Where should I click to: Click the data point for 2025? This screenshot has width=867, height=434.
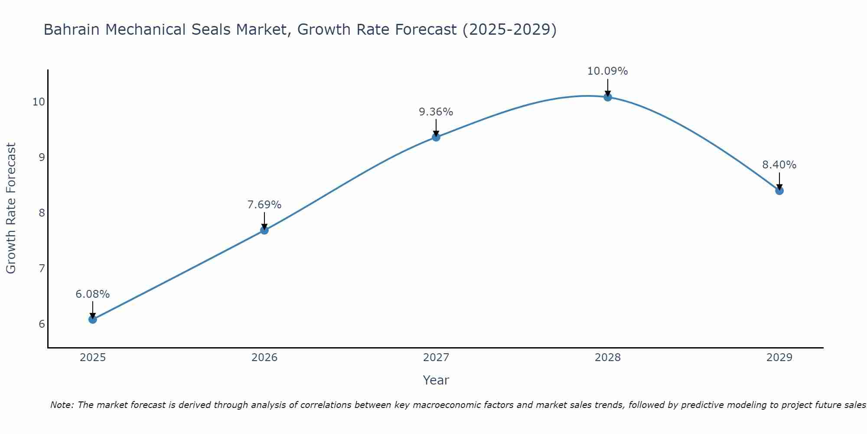click(x=93, y=319)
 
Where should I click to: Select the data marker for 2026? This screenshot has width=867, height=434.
click(x=264, y=230)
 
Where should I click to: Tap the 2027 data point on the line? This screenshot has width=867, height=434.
click(x=436, y=137)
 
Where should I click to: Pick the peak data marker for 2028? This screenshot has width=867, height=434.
click(x=608, y=97)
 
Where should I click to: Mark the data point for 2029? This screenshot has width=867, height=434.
click(x=779, y=191)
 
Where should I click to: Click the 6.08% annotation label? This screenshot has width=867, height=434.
click(x=93, y=294)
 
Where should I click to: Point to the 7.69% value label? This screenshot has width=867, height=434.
click(x=264, y=205)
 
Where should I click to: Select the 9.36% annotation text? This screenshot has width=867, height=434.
click(x=436, y=112)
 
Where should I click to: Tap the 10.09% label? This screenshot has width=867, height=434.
click(x=608, y=71)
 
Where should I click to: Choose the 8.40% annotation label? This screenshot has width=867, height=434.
click(x=779, y=165)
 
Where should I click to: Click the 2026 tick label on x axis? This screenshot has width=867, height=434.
click(x=264, y=358)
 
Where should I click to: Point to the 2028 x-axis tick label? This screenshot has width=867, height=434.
click(x=608, y=358)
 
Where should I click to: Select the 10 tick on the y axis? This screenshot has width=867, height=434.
click(x=39, y=102)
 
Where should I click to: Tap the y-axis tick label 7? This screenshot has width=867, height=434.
click(x=42, y=269)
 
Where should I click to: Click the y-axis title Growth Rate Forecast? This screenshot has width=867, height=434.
click(x=11, y=208)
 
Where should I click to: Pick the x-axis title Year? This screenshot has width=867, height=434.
click(x=436, y=380)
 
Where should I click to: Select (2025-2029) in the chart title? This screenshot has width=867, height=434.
click(x=510, y=30)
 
